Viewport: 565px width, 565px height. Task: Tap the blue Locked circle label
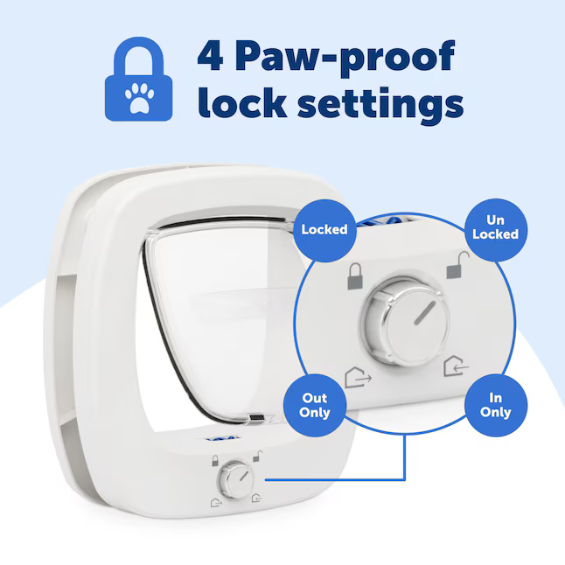click(x=324, y=230)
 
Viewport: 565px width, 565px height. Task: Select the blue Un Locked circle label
click(x=496, y=228)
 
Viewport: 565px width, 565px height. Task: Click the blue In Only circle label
click(x=496, y=404)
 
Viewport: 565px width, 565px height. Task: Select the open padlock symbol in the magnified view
click(x=455, y=267)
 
